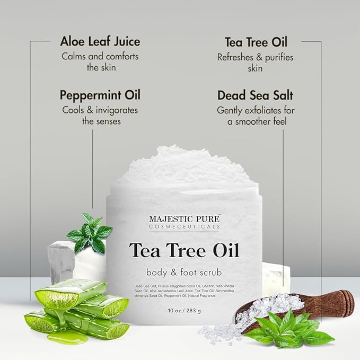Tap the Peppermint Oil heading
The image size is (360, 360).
100,96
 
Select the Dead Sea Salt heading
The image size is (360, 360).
256,96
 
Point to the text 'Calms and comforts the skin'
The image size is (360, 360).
100,62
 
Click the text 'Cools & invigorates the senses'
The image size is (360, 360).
100,116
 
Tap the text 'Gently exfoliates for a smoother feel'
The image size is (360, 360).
256,116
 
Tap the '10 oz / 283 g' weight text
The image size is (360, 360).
184,310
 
